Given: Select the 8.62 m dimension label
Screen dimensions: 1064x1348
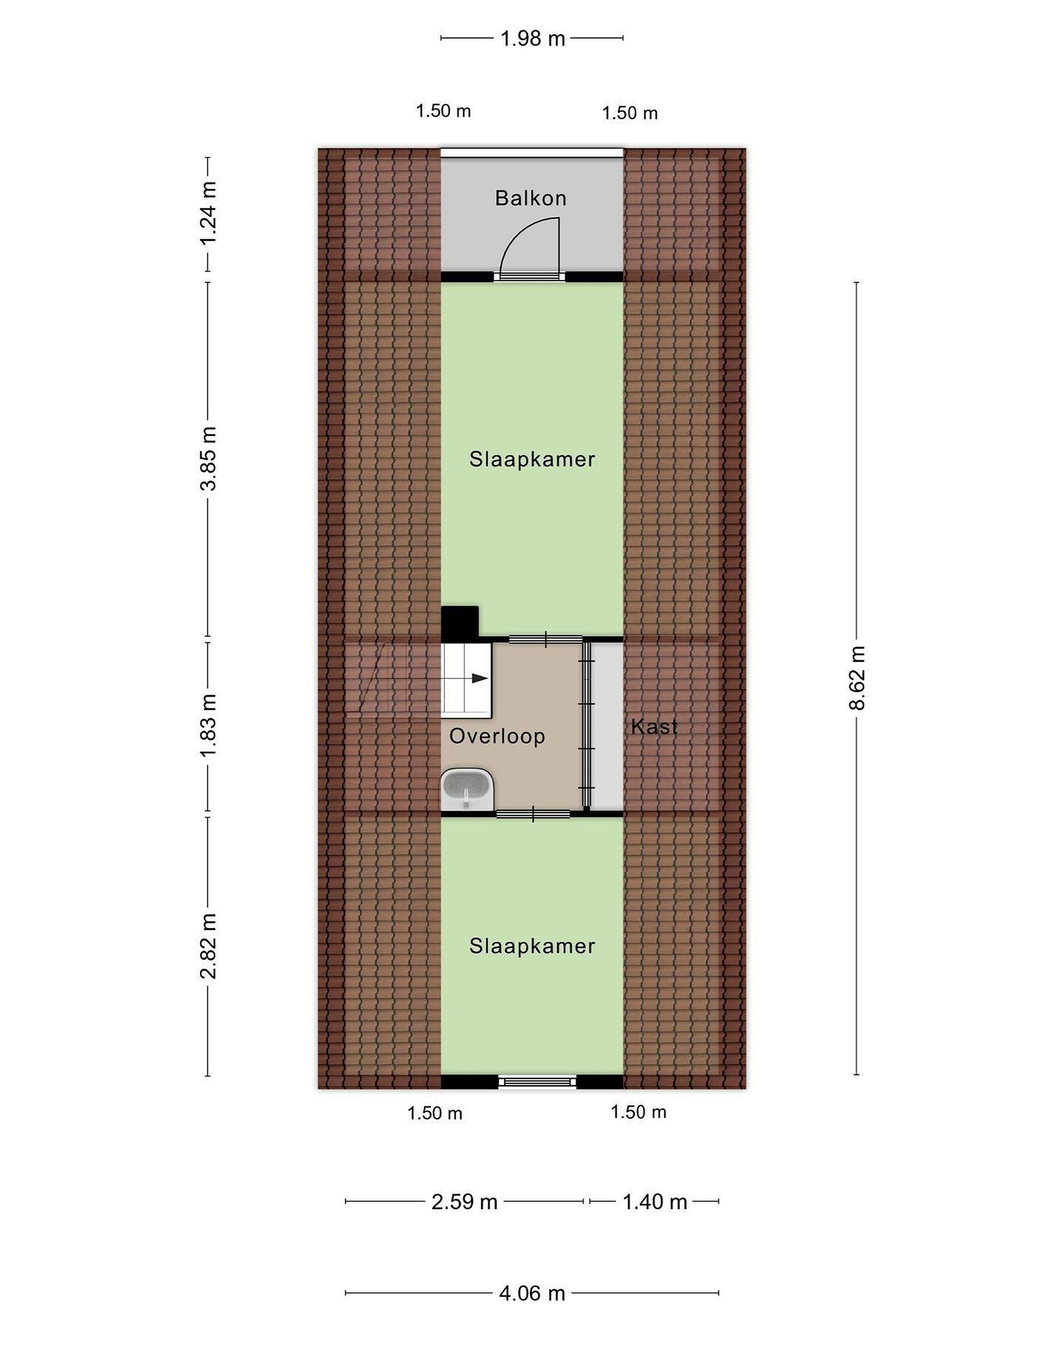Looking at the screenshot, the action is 857,678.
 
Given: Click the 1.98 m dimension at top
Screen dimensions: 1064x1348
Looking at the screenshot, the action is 532,39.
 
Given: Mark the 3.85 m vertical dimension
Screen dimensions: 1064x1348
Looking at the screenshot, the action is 208,459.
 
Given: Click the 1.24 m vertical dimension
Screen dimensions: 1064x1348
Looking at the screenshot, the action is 208,214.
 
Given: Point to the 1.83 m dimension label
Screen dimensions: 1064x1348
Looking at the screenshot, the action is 208,725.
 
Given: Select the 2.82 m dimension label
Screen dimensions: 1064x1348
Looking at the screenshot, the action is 208,947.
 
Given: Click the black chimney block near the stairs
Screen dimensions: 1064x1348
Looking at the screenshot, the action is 459,623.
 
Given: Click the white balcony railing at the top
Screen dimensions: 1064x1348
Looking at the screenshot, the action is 532,152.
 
